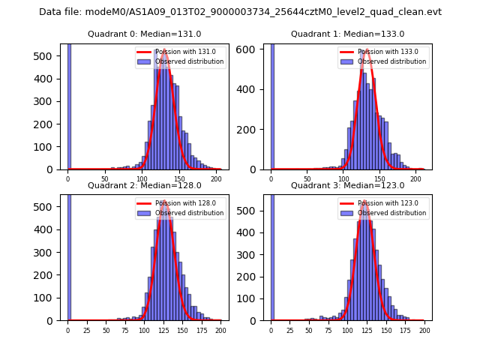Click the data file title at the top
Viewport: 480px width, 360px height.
(x=240, y=12)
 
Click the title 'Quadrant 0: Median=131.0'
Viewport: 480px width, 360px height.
(x=145, y=34)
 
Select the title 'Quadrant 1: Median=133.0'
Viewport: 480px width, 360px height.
(x=347, y=34)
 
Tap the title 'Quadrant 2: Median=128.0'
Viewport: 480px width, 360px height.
(x=145, y=185)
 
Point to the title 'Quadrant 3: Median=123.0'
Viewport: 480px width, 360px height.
(x=347, y=185)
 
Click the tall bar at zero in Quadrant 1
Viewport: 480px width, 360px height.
(x=272, y=105)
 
